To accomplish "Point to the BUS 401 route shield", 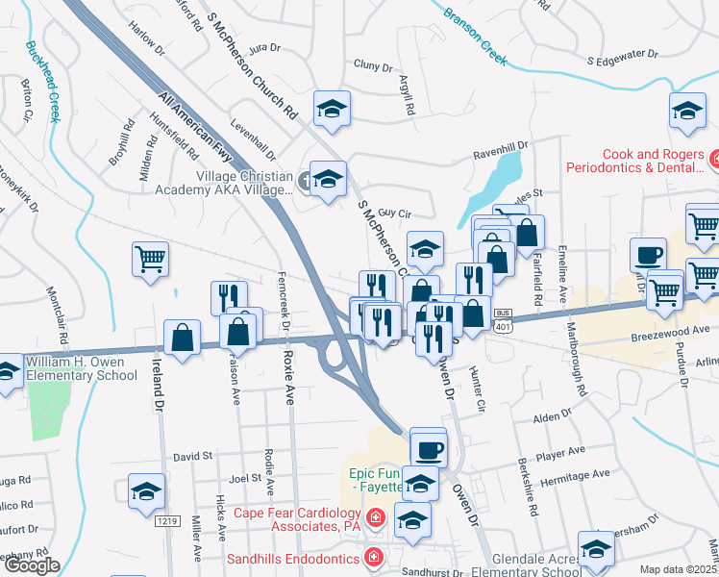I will point(503,320).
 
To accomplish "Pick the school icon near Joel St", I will point(146,490).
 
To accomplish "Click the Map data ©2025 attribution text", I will point(679,569).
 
